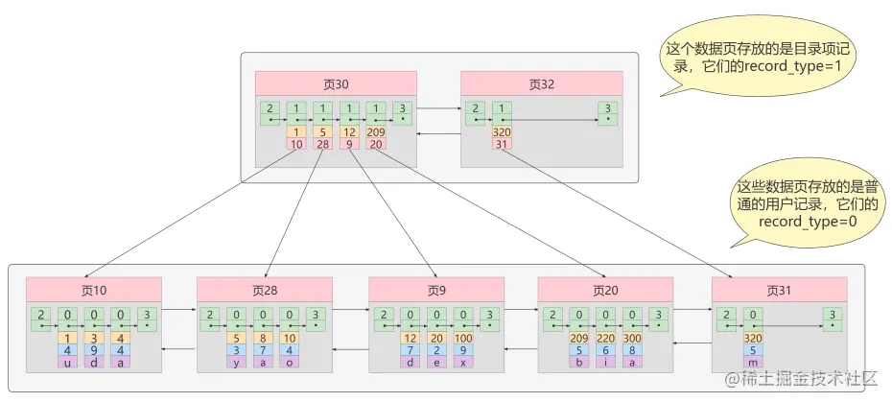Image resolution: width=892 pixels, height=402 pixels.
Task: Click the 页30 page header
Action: click(x=336, y=83)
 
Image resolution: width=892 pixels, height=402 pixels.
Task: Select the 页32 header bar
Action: click(x=541, y=83)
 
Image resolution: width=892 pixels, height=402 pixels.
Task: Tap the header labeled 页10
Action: click(x=94, y=289)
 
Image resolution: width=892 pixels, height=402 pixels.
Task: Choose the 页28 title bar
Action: click(x=265, y=289)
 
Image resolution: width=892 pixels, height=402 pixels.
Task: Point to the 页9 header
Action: click(x=436, y=289)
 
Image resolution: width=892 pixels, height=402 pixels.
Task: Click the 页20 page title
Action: click(x=604, y=289)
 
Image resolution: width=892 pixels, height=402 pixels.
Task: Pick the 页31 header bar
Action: click(x=779, y=289)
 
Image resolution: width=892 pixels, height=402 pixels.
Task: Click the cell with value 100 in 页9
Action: click(x=461, y=338)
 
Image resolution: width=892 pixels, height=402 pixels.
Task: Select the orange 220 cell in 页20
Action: click(x=604, y=338)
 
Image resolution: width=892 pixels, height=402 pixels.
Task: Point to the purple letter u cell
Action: click(x=67, y=363)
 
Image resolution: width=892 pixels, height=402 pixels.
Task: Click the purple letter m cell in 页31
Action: click(x=753, y=363)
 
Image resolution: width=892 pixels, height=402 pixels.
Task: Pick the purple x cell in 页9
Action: click(x=461, y=363)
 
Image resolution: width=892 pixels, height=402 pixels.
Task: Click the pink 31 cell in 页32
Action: click(x=501, y=144)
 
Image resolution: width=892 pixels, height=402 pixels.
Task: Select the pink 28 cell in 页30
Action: click(x=323, y=144)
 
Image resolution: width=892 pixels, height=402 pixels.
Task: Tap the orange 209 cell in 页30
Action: click(x=375, y=131)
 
